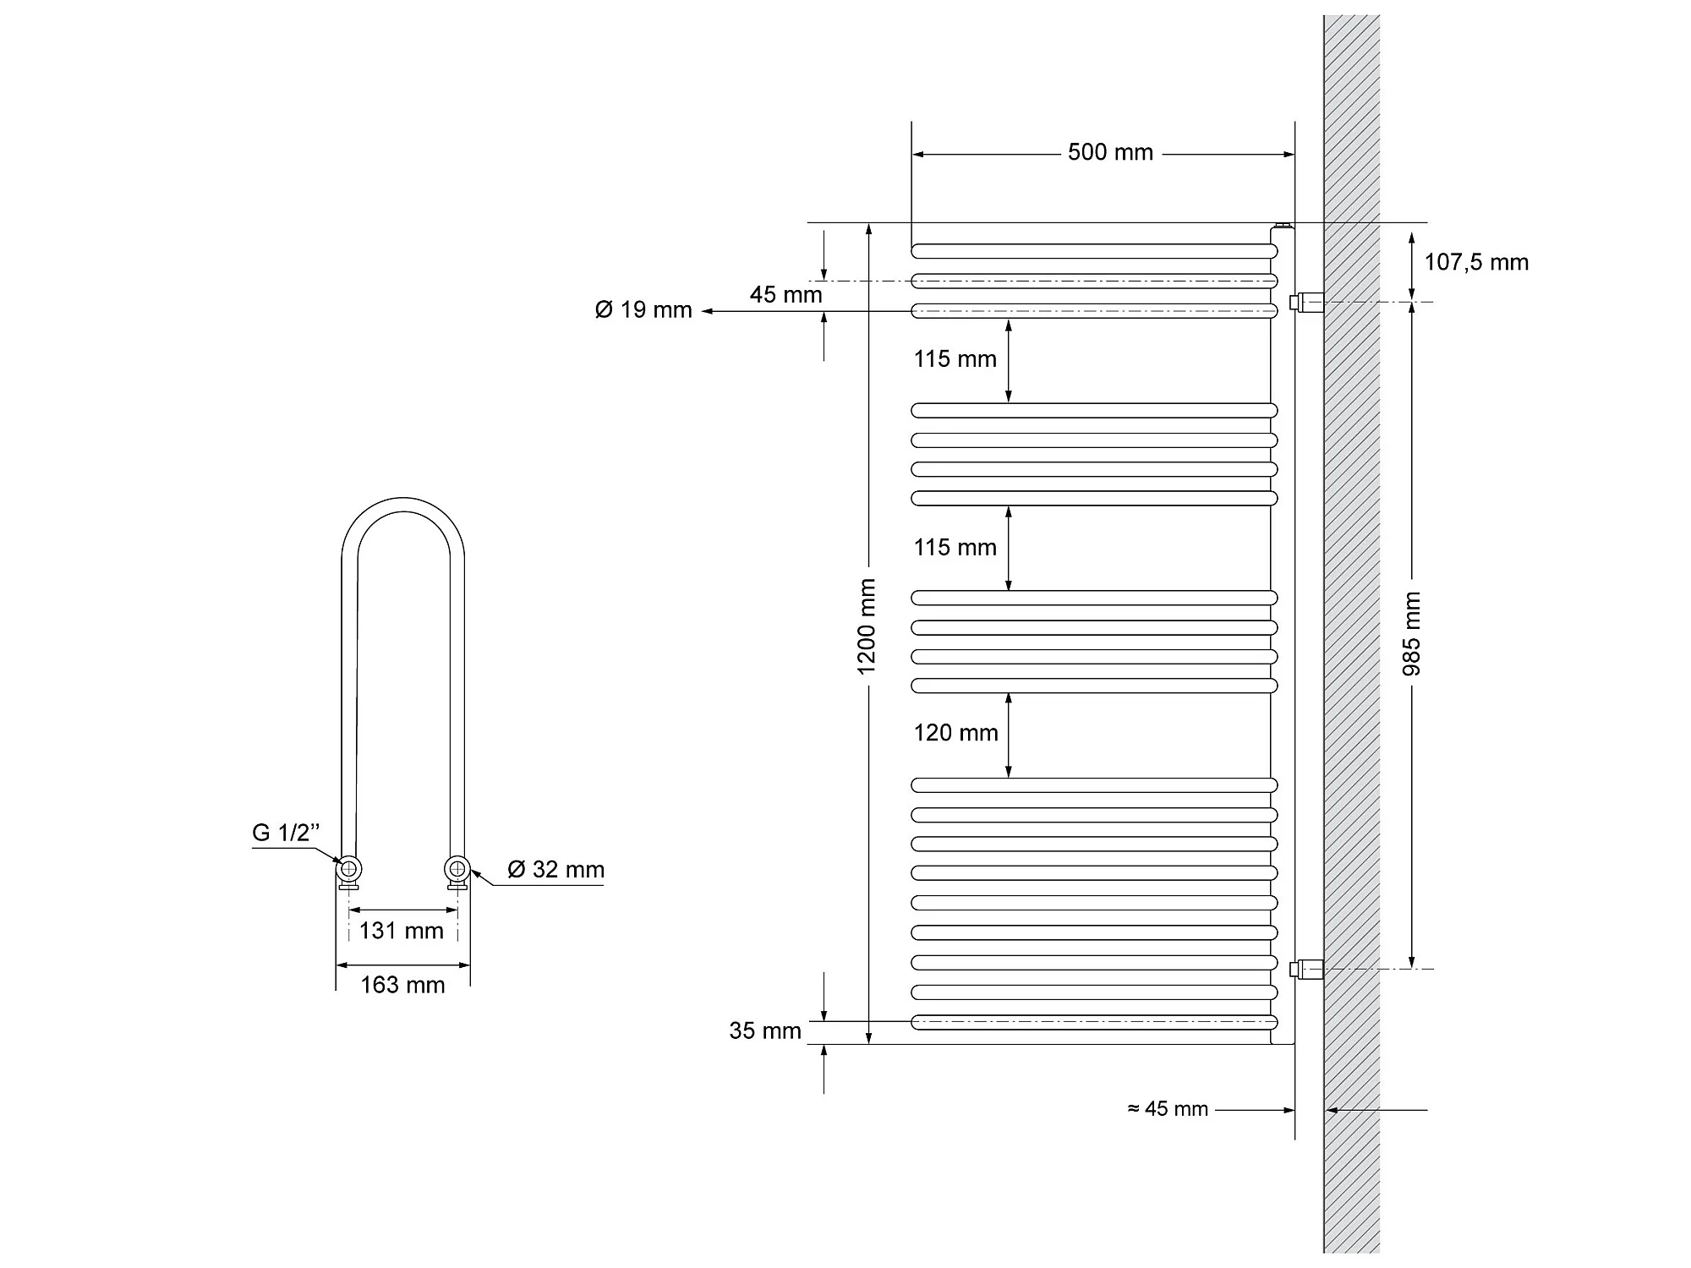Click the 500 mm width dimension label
click(1109, 152)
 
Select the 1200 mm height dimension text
click(867, 626)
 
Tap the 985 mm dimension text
click(1411, 634)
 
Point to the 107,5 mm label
click(1476, 262)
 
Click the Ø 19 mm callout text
click(643, 310)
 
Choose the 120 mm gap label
click(955, 733)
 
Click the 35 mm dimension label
click(765, 1030)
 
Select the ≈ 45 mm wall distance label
click(1168, 1109)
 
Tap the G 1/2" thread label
click(286, 833)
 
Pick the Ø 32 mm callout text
click(555, 869)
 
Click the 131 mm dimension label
click(401, 931)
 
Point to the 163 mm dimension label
click(402, 985)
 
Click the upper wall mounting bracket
click(1307, 302)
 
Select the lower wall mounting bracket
click(1307, 969)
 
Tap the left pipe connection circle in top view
click(349, 869)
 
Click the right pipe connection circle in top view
click(457, 868)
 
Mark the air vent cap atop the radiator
click(1283, 226)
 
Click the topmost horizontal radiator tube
click(1093, 251)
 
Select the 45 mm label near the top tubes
click(785, 295)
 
